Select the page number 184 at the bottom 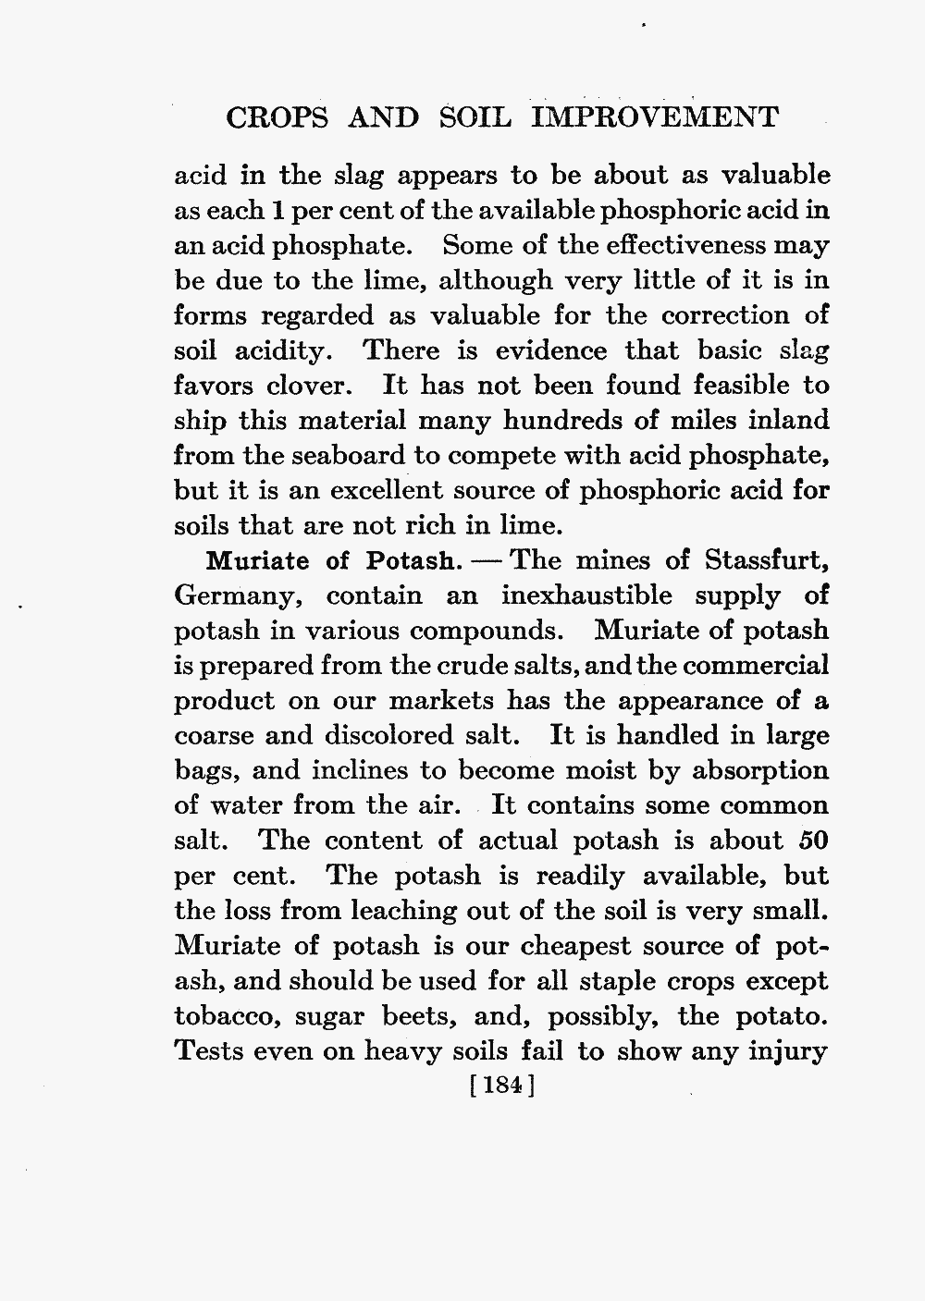(x=504, y=1085)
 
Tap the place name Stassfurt (x=765, y=561)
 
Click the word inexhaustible (x=586, y=596)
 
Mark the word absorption (x=747, y=771)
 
